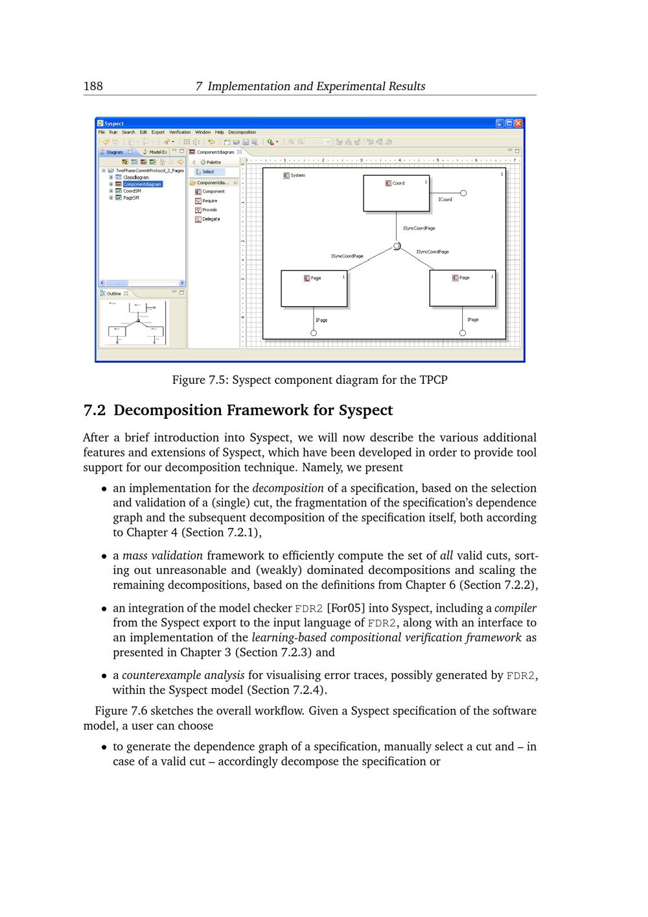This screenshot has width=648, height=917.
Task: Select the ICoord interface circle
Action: point(463,193)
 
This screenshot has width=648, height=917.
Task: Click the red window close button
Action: point(518,123)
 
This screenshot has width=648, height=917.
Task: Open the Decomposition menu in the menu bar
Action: point(242,132)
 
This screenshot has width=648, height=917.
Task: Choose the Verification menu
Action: point(180,132)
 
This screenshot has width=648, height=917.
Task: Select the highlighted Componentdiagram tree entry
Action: point(143,184)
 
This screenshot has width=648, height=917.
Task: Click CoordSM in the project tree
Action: point(132,191)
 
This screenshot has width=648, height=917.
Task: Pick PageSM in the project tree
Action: point(131,198)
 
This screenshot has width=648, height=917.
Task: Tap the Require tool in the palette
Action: point(209,201)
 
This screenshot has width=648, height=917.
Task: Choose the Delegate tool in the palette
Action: point(211,219)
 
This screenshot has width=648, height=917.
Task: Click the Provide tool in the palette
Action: point(209,210)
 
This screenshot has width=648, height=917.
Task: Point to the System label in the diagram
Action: point(297,176)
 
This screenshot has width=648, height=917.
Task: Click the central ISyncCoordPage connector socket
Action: point(397,246)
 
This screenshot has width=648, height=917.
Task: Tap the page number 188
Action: point(93,86)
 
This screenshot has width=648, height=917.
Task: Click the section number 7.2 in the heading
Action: point(95,411)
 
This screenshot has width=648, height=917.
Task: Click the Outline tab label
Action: point(113,294)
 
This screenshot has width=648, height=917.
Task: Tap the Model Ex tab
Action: point(157,152)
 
